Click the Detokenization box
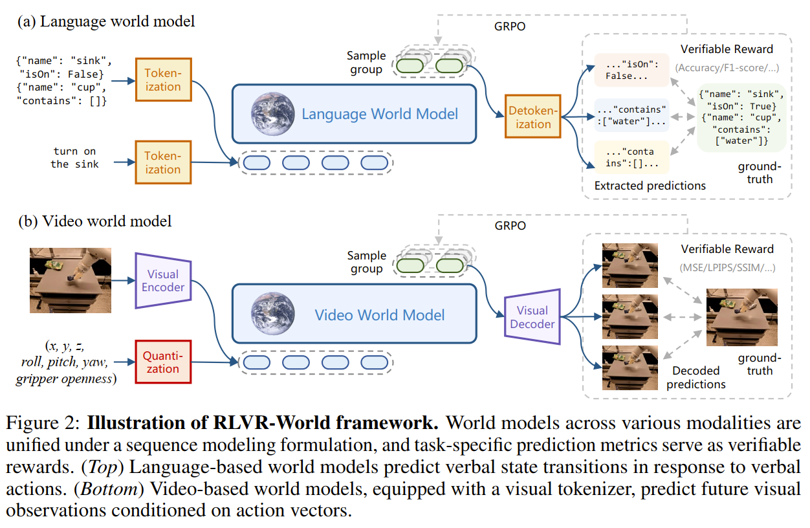tap(533, 116)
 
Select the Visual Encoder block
tap(163, 280)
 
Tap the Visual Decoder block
tap(532, 317)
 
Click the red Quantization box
tap(162, 362)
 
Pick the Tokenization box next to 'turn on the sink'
tap(162, 162)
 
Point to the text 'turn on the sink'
tap(75, 158)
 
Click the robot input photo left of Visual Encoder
tap(70, 280)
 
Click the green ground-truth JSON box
tap(741, 117)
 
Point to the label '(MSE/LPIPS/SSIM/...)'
tap(727, 267)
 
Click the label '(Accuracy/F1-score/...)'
tap(727, 67)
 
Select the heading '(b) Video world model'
tap(94, 221)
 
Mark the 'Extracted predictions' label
tap(650, 186)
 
